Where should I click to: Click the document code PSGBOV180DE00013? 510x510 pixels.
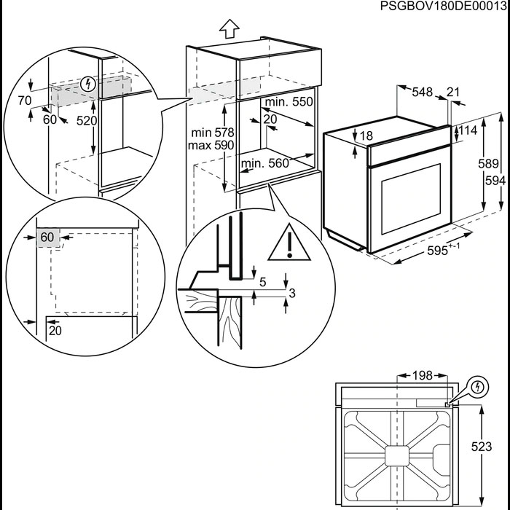tap(444, 7)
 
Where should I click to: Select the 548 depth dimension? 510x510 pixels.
tap(422, 92)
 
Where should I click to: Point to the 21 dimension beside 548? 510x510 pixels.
tap(452, 92)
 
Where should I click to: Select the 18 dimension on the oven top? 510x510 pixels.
tap(366, 136)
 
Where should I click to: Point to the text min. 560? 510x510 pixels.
tap(264, 164)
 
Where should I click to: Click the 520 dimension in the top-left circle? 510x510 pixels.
tap(87, 120)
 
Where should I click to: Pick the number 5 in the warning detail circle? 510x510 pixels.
tap(262, 282)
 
